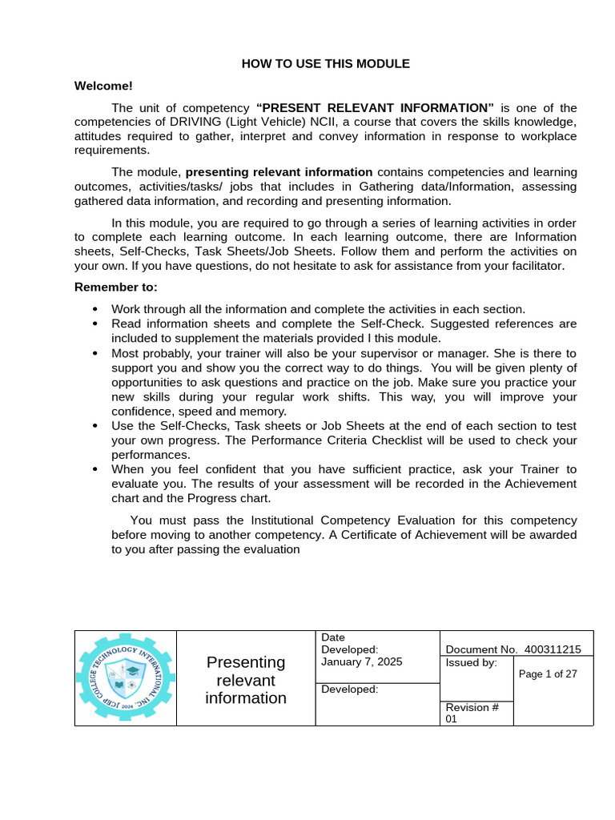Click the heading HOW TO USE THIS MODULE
(x=325, y=63)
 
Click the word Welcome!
(x=103, y=85)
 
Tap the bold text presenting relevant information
(x=279, y=171)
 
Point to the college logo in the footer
(x=125, y=678)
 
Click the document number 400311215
(x=553, y=649)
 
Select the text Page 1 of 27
(x=548, y=674)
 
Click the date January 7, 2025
(x=361, y=661)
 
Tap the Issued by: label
(x=471, y=662)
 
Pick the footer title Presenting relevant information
(x=246, y=680)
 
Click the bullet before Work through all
(x=95, y=309)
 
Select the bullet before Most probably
(x=95, y=352)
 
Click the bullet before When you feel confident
(x=95, y=469)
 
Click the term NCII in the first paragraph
(x=326, y=122)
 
